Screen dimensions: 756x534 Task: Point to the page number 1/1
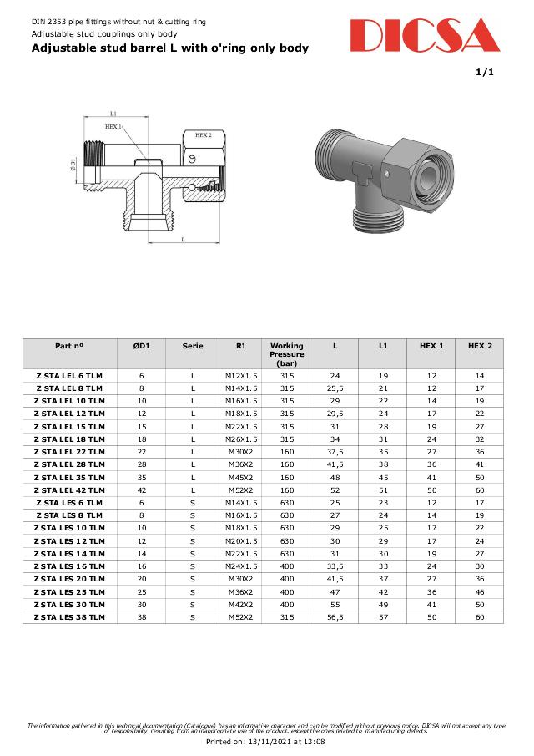click(485, 73)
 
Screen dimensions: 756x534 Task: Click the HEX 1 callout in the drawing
click(112, 126)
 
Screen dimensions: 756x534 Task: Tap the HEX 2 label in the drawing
click(204, 134)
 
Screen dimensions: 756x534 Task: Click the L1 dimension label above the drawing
click(113, 113)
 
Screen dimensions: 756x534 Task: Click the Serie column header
click(193, 346)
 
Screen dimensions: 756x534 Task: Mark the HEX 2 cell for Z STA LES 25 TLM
click(479, 592)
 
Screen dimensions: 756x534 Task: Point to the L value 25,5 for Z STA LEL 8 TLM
click(335, 388)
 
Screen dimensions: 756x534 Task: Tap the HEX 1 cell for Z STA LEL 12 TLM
click(431, 414)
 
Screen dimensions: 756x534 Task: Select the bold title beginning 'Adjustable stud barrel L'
click(169, 48)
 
